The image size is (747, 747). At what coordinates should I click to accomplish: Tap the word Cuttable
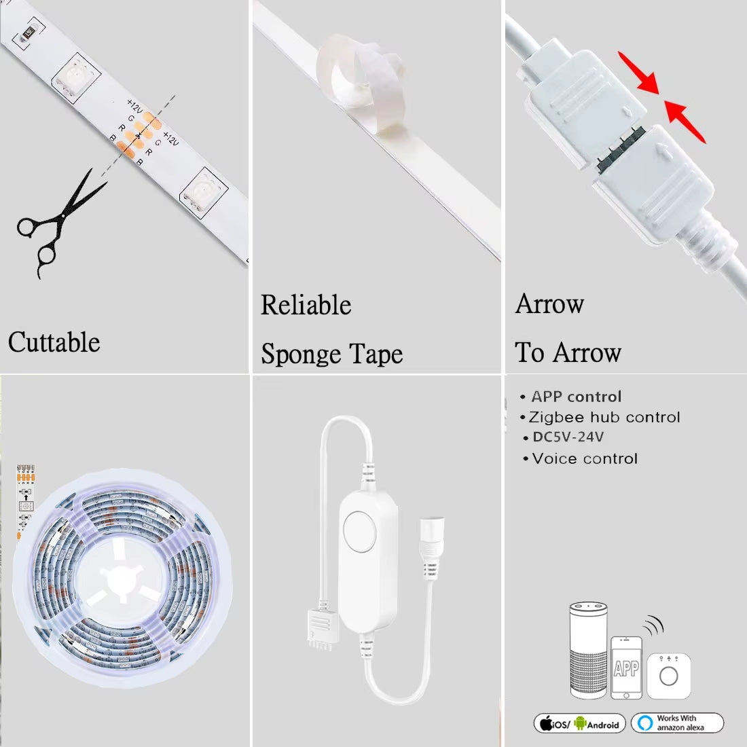(54, 342)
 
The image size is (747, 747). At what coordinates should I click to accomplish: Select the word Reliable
(306, 306)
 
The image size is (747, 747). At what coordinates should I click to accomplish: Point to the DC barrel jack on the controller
(429, 540)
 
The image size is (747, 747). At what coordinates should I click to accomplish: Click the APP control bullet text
(576, 397)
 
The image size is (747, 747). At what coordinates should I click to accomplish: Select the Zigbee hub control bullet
(604, 417)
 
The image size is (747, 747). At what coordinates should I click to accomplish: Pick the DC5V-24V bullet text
(568, 437)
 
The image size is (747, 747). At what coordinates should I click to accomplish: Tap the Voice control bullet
(585, 459)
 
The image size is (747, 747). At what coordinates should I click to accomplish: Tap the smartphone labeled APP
(626, 667)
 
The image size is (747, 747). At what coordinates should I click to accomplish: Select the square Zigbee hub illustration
(669, 675)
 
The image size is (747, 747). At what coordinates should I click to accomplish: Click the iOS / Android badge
(579, 724)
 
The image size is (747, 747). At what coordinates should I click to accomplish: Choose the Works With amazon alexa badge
(677, 723)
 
